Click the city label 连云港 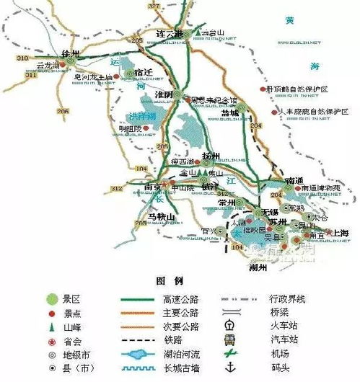pos(170,35)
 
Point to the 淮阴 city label pos(163,94)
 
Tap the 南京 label pos(153,187)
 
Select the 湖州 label pos(257,267)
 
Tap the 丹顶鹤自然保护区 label pos(297,89)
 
